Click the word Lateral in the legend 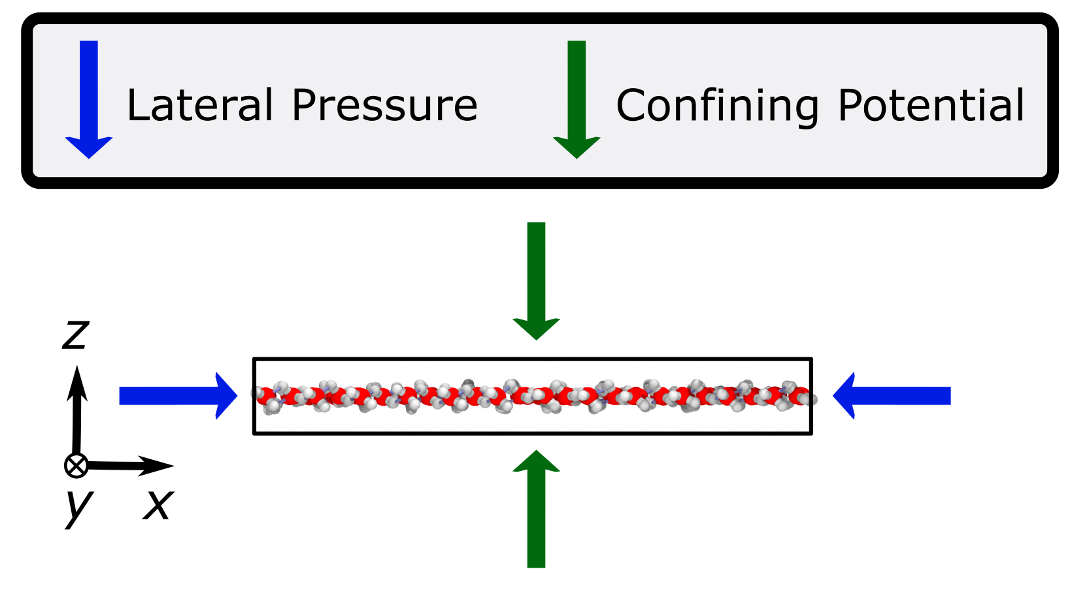coord(200,105)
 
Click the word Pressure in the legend coord(384,105)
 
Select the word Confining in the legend coord(717,105)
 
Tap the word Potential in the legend coord(931,105)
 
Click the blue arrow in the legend coord(89,98)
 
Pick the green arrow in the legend coord(577,98)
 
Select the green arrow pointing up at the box coord(536,510)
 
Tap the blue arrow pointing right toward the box coord(176,396)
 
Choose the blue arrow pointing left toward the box coord(892,396)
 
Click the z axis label coord(75,334)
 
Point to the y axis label coord(78,507)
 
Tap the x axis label coord(158,505)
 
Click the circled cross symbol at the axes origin coord(76,466)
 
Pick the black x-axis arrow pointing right coord(131,466)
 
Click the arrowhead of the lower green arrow coord(536,461)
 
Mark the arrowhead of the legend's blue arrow coord(89,147)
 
